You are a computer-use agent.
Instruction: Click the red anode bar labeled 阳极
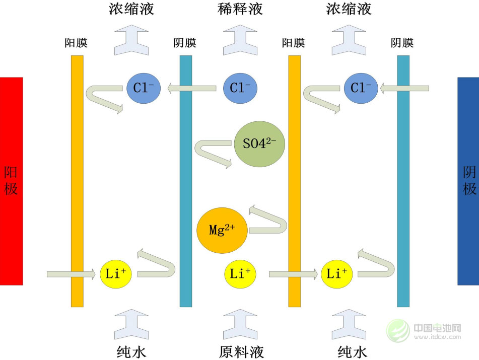(x=11, y=181)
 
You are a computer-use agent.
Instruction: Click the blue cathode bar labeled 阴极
(x=468, y=181)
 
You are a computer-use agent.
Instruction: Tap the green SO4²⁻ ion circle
(x=259, y=145)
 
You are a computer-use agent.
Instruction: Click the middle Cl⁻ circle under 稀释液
(x=240, y=89)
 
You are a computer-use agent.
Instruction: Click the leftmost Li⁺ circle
(x=116, y=274)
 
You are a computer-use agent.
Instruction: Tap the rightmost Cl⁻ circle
(x=361, y=89)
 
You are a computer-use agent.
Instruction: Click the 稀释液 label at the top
(x=240, y=9)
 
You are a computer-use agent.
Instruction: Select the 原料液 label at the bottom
(x=241, y=350)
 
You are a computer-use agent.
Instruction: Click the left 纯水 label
(x=131, y=350)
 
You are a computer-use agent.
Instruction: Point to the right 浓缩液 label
(x=349, y=9)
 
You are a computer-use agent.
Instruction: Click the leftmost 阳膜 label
(x=77, y=43)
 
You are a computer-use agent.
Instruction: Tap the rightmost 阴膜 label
(x=402, y=43)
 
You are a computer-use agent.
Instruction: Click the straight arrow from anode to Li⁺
(x=71, y=274)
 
